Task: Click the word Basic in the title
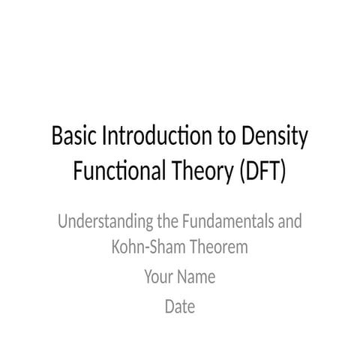(x=71, y=139)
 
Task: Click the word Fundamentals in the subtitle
(x=219, y=223)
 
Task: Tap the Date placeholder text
(x=180, y=306)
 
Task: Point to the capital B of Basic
(x=57, y=139)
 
